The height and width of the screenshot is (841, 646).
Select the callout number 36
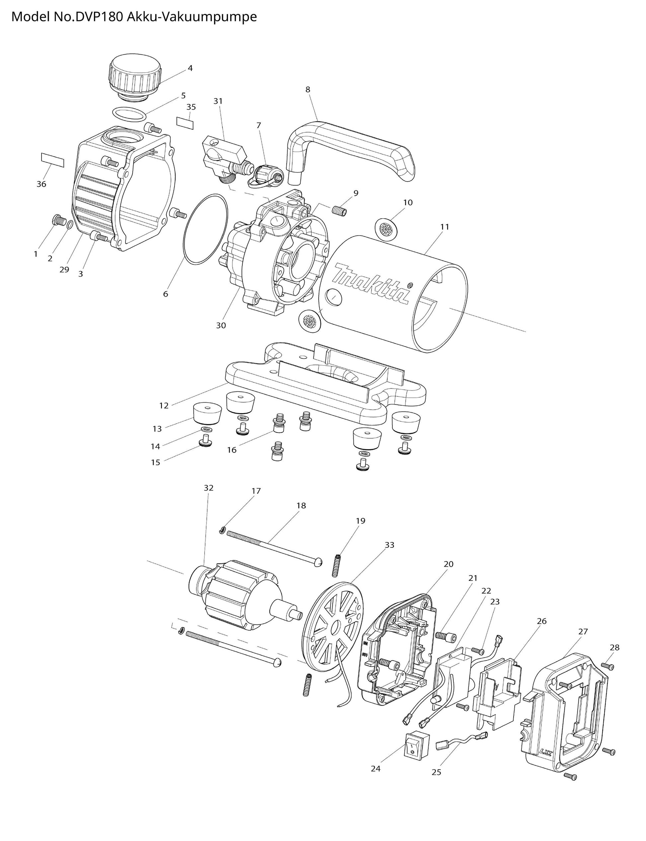tap(41, 184)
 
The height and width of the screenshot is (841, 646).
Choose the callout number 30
tap(221, 325)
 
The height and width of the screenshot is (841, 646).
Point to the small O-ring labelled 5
tap(129, 114)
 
